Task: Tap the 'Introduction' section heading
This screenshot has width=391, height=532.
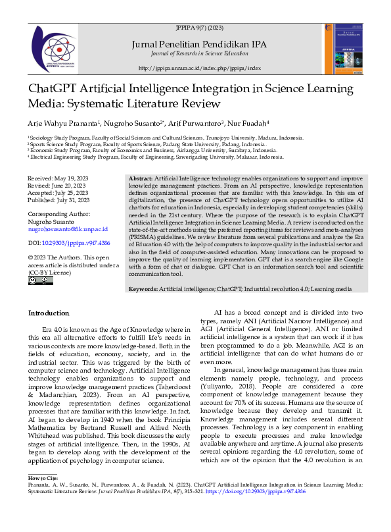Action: coord(51,313)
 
